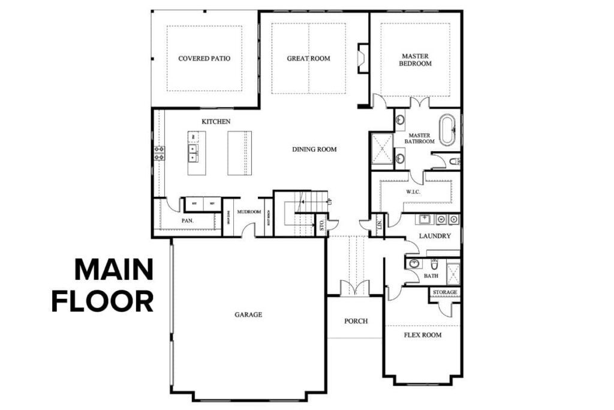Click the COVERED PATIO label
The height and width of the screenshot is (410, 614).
[204, 58]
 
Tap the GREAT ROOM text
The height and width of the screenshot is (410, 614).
[308, 58]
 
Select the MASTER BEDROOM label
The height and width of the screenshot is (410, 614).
[416, 59]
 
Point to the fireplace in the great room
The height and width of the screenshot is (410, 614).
[363, 58]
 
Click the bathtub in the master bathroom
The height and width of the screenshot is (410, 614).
[447, 130]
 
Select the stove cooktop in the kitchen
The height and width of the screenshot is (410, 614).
[159, 153]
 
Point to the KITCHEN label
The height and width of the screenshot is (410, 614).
[216, 122]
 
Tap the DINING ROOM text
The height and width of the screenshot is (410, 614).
[314, 149]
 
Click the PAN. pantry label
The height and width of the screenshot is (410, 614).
[187, 221]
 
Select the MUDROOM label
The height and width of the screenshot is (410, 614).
[248, 212]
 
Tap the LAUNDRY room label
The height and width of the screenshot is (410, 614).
[435, 236]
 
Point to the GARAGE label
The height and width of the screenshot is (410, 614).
[248, 314]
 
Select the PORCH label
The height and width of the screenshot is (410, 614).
[356, 321]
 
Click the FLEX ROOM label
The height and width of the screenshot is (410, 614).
[422, 334]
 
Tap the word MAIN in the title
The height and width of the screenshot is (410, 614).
[114, 271]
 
